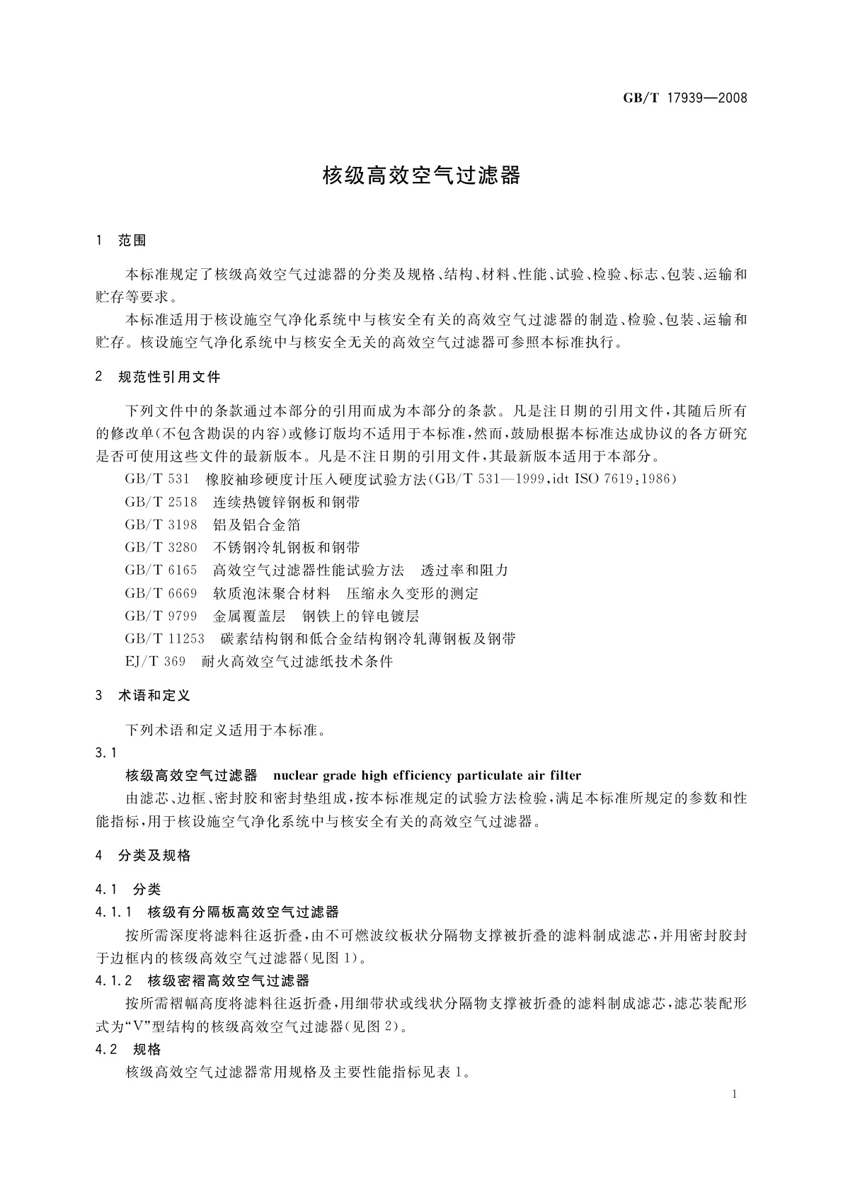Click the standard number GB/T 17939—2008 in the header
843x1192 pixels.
tap(684, 98)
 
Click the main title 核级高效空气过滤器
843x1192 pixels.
tap(421, 175)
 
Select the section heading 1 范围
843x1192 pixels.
tap(121, 241)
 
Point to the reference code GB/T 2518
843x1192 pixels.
tap(161, 502)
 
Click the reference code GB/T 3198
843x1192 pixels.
tap(161, 525)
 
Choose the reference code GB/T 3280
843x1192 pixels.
tap(161, 547)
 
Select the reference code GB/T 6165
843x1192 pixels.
tap(161, 570)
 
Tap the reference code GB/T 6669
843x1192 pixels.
tap(161, 593)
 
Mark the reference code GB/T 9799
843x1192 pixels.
tap(161, 616)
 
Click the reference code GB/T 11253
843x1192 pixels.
tap(165, 638)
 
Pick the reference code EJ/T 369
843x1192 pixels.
tap(155, 661)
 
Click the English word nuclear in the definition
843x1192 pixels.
tap(297, 775)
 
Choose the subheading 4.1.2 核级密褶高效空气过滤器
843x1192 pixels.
tap(202, 980)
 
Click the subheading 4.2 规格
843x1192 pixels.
tap(128, 1049)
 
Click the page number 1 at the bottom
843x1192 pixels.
tap(735, 1094)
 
